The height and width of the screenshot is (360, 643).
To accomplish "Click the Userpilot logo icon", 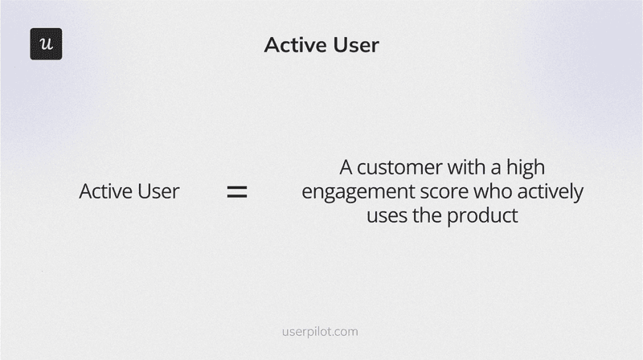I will pos(46,44).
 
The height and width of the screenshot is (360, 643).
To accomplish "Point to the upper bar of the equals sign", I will pos(236,187).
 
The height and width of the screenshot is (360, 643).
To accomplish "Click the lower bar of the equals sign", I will pos(236,197).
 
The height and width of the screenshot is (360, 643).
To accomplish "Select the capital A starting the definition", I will pos(346,168).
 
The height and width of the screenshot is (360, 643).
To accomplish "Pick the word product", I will pos(485,216).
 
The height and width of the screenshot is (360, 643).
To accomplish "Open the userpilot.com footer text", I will pos(321,331).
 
